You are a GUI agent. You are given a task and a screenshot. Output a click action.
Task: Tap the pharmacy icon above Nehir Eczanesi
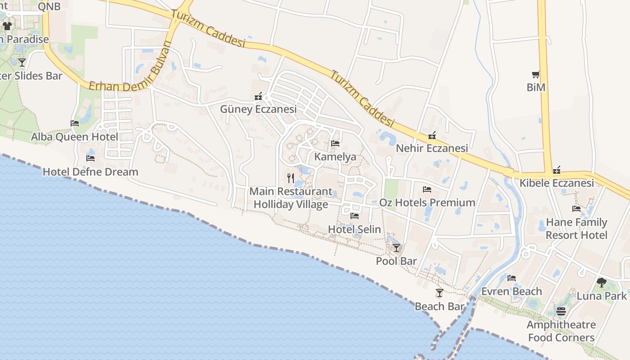432,135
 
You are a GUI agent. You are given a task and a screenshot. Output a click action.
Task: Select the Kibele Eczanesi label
557,183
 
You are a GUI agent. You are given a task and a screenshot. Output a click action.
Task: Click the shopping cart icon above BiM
535,74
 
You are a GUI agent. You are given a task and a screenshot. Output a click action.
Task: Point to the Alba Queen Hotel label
75,137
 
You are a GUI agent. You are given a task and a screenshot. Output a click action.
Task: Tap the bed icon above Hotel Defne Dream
90,158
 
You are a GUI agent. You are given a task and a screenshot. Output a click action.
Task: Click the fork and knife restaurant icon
291,178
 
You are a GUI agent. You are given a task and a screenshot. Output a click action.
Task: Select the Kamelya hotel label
335,157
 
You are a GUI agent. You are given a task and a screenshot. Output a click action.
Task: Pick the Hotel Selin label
355,229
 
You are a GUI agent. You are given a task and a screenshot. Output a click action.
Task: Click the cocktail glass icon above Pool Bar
396,247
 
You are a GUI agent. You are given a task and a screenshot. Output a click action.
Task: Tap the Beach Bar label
439,306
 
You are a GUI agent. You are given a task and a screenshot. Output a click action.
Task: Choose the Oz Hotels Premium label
427,202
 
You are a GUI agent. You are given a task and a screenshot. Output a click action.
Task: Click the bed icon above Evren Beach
512,278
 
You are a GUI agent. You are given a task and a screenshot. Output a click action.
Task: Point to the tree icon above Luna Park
602,283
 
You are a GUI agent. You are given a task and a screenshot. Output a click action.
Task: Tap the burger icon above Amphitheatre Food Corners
561,311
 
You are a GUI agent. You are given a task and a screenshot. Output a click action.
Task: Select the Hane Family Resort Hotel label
576,229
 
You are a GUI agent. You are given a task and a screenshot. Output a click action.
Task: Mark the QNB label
49,6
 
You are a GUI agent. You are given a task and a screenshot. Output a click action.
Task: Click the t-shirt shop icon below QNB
7,26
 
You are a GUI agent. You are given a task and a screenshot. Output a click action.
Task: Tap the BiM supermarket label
536,87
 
